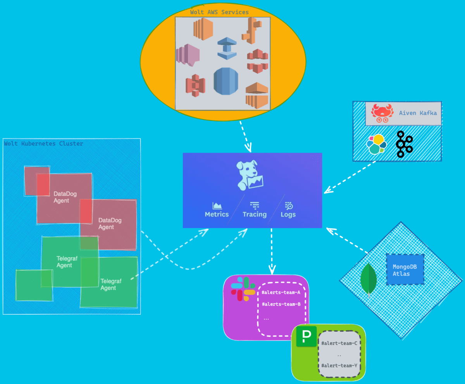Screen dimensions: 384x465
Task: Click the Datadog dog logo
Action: pyautogui.click(x=250, y=176)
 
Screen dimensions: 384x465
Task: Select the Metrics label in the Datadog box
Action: pyautogui.click(x=217, y=214)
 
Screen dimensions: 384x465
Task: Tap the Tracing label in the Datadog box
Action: pyautogui.click(x=255, y=214)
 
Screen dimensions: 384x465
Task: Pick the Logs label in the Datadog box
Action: pyautogui.click(x=288, y=214)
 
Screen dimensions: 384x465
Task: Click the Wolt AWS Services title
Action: pyautogui.click(x=219, y=12)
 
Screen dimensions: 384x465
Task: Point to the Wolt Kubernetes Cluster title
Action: pyautogui.click(x=43, y=144)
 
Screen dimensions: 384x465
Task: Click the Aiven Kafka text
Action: pyautogui.click(x=418, y=113)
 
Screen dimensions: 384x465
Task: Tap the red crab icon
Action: pyautogui.click(x=382, y=113)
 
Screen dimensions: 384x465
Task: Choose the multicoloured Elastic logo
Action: pyautogui.click(x=376, y=144)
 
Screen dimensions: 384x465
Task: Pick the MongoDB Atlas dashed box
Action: pyautogui.click(x=405, y=270)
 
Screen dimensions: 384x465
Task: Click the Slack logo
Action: pyautogui.click(x=243, y=289)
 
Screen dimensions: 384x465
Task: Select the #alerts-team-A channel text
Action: pyautogui.click(x=281, y=293)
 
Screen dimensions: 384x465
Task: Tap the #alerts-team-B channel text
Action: pyautogui.click(x=281, y=304)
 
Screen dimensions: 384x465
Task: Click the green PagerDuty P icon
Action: pyautogui.click(x=306, y=336)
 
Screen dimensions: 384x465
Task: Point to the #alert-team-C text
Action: pyautogui.click(x=339, y=343)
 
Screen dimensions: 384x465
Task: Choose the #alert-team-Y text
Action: pyautogui.click(x=339, y=365)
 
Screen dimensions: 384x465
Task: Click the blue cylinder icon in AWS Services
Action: pyautogui.click(x=226, y=81)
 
